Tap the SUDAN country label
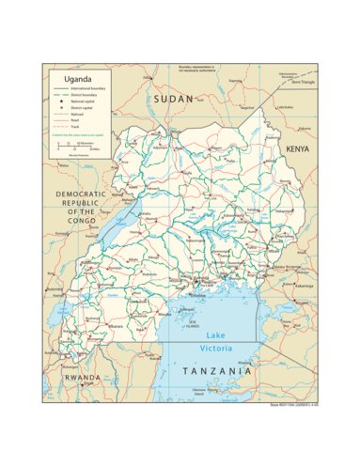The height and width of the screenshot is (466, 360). [174, 99]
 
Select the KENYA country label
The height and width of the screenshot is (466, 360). [298, 149]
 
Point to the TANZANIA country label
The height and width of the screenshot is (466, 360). [216, 372]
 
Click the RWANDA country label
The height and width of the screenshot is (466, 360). [82, 378]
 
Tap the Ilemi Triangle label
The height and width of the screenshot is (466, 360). [303, 82]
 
